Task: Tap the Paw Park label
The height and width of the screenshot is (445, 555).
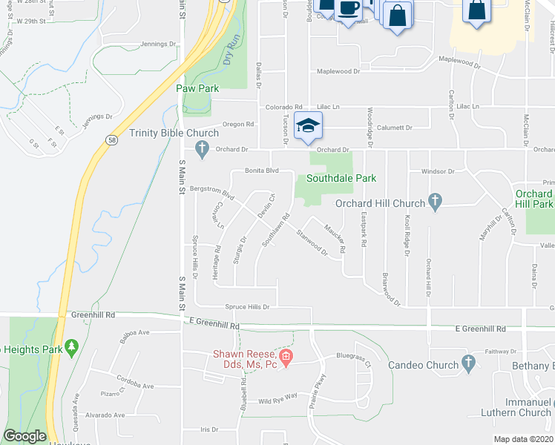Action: tap(197, 88)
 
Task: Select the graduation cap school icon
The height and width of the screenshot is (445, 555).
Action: tap(308, 126)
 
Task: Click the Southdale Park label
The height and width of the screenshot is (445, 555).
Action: tap(341, 179)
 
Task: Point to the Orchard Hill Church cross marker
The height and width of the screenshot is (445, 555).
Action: tap(436, 202)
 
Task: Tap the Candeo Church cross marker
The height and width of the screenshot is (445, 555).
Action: tap(467, 363)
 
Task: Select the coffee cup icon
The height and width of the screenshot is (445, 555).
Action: tap(348, 9)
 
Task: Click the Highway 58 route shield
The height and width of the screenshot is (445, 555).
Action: tap(111, 139)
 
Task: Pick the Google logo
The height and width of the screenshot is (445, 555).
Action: tap(24, 437)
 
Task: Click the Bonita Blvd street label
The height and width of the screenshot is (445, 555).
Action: tap(261, 171)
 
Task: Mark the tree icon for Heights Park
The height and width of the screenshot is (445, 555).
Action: tap(71, 346)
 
